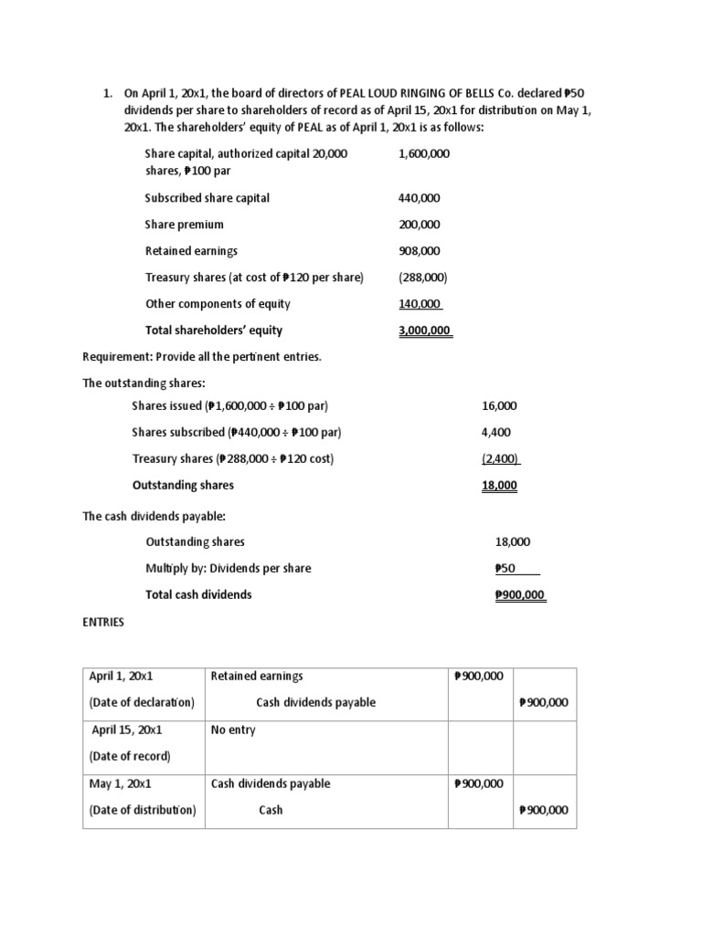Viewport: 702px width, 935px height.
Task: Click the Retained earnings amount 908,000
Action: [420, 251]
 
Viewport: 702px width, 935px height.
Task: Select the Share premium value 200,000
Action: [420, 225]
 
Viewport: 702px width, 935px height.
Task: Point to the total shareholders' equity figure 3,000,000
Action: [425, 331]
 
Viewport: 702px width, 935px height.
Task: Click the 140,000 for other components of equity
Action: [420, 304]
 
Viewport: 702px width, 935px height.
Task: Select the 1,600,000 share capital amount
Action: [424, 154]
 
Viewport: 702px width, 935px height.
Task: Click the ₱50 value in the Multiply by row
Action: [505, 568]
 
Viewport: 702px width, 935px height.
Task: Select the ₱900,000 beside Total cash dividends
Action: [519, 594]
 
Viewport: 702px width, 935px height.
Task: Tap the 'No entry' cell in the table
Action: [233, 730]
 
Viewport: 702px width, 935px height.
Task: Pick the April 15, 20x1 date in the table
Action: [126, 730]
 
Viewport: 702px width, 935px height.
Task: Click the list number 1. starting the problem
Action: [107, 93]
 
